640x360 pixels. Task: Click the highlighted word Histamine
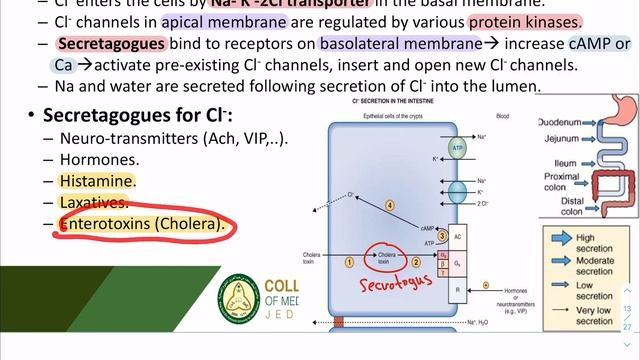tap(97, 181)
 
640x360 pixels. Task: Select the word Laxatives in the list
tap(93, 202)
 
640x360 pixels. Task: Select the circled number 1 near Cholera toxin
tap(349, 261)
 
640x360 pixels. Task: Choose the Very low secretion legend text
tap(597, 316)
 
